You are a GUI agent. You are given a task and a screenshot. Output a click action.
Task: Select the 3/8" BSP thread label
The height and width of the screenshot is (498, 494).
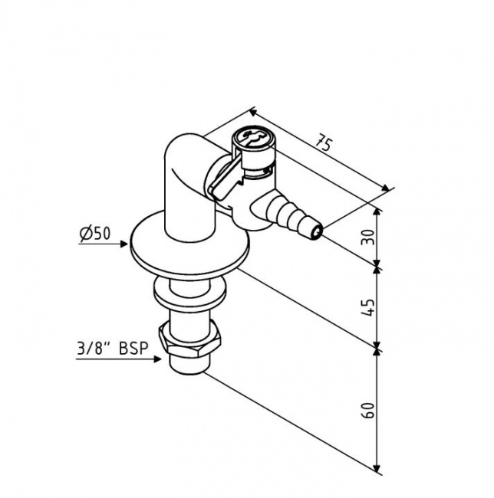[113, 347]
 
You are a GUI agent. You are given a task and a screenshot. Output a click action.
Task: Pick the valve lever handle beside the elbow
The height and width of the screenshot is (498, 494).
[222, 184]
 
